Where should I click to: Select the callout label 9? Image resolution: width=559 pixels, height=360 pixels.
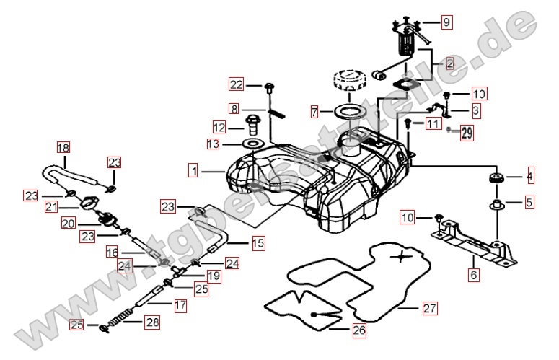click(x=446, y=22)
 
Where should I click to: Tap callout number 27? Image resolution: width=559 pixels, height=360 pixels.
click(x=430, y=309)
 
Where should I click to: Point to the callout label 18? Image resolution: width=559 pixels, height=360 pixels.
click(x=63, y=148)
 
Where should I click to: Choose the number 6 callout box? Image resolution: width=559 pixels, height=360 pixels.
click(x=473, y=275)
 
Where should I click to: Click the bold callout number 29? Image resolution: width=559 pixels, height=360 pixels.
click(x=467, y=133)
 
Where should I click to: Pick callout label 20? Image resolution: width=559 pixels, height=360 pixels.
click(x=69, y=224)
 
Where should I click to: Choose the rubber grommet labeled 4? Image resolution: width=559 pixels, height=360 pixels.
click(x=495, y=177)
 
